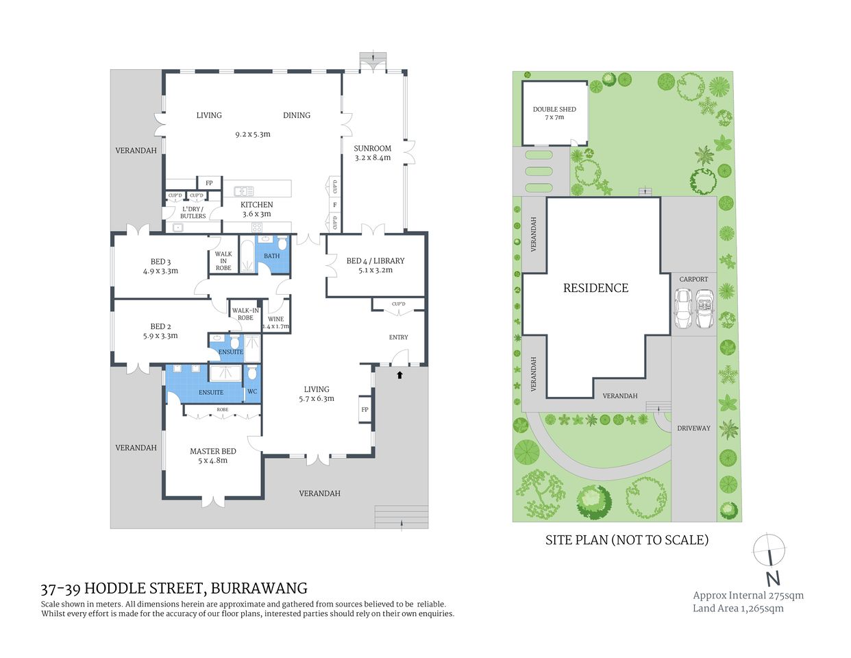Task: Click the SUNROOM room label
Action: pos(372,148)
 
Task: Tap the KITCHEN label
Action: pos(257,204)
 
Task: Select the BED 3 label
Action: pos(160,261)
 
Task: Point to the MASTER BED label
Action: pos(212,451)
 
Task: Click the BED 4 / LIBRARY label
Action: pos(375,260)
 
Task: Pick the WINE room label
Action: pos(275,319)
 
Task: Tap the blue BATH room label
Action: pos(271,256)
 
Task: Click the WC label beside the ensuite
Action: pos(251,391)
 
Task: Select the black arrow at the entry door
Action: pos(399,375)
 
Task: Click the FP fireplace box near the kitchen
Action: pos(209,183)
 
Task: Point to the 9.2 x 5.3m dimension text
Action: pos(252,134)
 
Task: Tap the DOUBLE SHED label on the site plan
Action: pos(554,109)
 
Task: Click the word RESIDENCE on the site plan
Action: pos(595,288)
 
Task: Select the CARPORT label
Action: pos(693,279)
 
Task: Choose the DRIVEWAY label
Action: pos(693,428)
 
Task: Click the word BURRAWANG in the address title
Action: pos(258,588)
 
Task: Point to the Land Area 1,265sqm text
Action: pos(738,608)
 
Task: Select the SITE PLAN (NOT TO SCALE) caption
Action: pos(626,539)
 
